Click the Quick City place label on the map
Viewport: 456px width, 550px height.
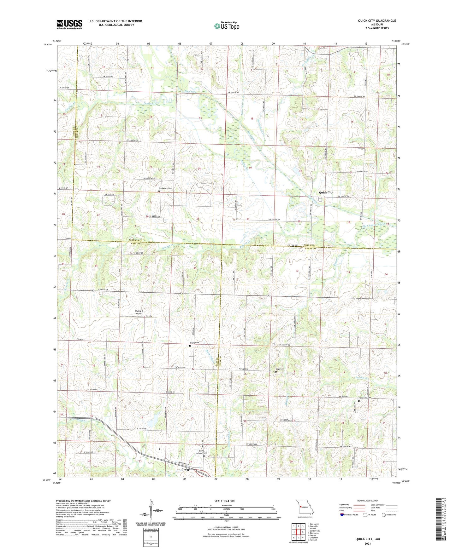pos(326,192)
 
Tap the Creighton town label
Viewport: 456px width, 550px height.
pos(188,469)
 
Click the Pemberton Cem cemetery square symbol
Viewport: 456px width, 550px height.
pos(159,191)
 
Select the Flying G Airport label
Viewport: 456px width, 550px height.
pos(139,312)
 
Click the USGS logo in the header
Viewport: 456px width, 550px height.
pos(69,24)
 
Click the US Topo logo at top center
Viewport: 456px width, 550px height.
pos(226,26)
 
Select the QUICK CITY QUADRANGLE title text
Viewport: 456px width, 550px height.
pos(377,21)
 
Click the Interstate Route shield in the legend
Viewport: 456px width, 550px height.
pos(342,515)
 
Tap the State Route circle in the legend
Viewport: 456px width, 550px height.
pos(383,515)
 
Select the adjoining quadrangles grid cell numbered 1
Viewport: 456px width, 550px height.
pos(294,526)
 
